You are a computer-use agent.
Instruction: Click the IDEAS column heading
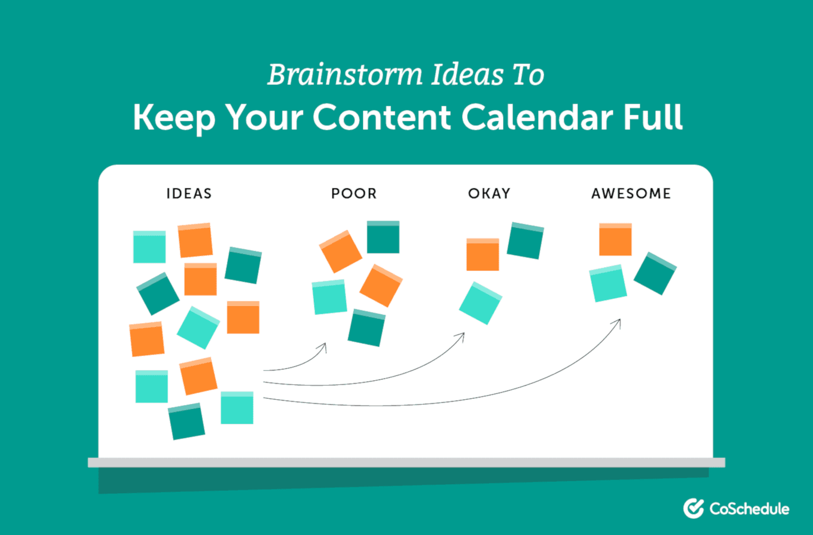(189, 194)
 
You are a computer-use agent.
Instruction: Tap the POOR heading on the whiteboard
(354, 194)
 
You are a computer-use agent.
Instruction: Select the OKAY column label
(489, 194)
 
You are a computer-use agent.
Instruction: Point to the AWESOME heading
(631, 194)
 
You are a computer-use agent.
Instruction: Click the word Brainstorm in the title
(345, 75)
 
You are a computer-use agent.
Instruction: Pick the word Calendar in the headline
(537, 117)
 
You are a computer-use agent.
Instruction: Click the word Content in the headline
(382, 117)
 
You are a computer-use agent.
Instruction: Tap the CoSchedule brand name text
(750, 509)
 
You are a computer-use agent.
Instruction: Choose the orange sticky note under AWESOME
(615, 239)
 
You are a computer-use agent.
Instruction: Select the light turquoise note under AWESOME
(608, 283)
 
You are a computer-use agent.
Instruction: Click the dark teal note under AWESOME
(655, 273)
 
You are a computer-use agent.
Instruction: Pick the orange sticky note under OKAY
(483, 255)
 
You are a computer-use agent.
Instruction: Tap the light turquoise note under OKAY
(481, 303)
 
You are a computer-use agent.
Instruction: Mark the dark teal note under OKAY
(525, 241)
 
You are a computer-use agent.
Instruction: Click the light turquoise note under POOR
(329, 297)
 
